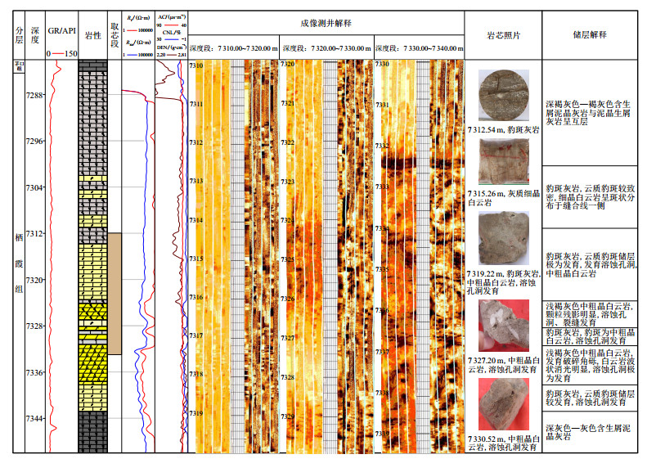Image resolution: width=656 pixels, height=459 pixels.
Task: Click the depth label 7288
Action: point(34,96)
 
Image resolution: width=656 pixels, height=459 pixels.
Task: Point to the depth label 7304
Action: point(34,188)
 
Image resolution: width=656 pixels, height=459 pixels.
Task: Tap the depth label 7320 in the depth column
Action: point(34,281)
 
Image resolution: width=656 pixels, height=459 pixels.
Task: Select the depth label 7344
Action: point(34,419)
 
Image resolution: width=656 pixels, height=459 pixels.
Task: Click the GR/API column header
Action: point(61,31)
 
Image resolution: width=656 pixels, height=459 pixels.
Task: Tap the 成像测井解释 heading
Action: point(326,24)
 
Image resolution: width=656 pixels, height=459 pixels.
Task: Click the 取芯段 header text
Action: point(115,38)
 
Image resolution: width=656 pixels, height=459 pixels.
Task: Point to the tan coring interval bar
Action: point(115,293)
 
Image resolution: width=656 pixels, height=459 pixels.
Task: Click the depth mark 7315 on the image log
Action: point(196,259)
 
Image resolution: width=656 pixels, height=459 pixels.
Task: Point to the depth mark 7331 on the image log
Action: point(381,106)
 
